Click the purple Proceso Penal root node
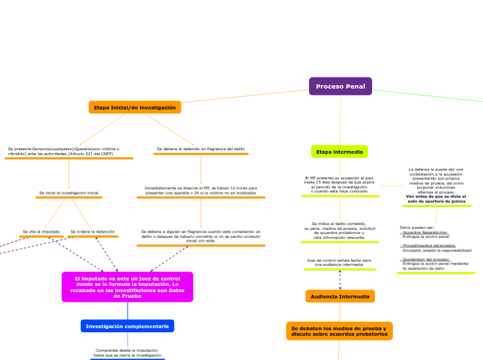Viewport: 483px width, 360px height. [340, 87]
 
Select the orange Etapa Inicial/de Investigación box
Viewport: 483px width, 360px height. [135, 107]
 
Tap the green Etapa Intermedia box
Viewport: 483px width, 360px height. [339, 151]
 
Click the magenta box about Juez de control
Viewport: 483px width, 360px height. [127, 287]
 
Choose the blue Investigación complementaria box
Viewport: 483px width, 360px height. [128, 325]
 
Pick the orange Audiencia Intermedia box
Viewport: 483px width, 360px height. [340, 296]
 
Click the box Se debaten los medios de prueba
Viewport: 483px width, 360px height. [339, 331]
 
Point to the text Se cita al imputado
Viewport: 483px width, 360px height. [41, 231]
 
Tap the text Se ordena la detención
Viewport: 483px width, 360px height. [93, 231]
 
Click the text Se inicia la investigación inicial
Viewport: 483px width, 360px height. [69, 192]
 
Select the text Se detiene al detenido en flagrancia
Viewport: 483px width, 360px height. [200, 149]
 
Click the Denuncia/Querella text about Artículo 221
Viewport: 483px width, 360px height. [64, 151]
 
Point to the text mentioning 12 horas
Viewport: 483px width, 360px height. [200, 190]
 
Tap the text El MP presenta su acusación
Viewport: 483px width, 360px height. [340, 185]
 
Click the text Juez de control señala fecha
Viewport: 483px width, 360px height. [339, 262]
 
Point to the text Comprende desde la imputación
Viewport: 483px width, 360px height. [127, 352]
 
